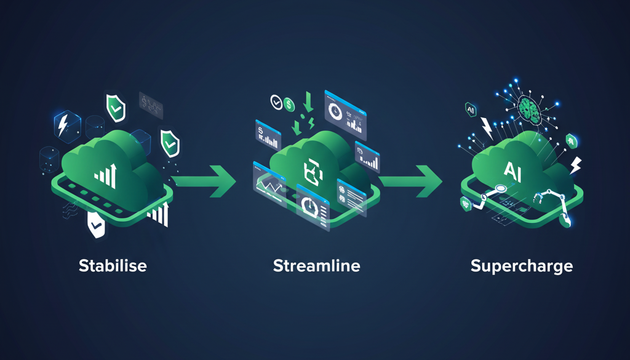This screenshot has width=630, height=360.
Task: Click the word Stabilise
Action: (x=113, y=266)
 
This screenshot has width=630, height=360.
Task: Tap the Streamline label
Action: (x=316, y=266)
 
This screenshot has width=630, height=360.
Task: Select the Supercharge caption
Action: (x=522, y=266)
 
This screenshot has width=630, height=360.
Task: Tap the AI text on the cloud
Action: (x=513, y=170)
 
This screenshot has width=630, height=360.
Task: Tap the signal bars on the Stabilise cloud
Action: (x=105, y=175)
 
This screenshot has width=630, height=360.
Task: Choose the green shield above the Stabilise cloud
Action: (x=116, y=106)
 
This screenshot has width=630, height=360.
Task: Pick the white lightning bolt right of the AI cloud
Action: (x=575, y=165)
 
